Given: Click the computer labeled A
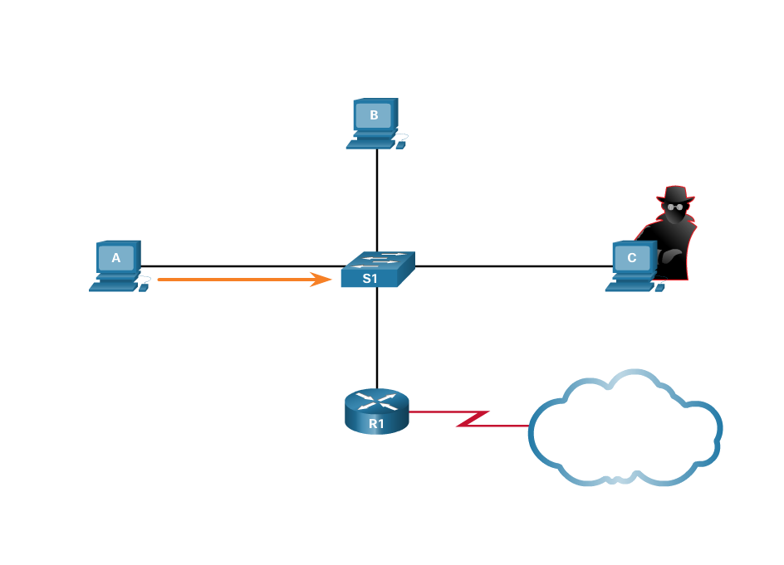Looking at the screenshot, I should pos(116,264).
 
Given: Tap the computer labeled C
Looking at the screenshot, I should pos(632,264).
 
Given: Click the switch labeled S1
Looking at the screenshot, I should pos(376,270).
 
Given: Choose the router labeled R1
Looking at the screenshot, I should pos(377,412).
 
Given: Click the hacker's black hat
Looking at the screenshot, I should pos(674,195).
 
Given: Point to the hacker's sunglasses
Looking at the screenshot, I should pos(674,207).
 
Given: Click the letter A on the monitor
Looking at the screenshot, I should pos(116,258).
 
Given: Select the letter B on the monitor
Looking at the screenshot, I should pos(374,115).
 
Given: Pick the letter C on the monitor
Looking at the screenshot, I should pos(632,258).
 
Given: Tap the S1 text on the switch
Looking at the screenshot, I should pos(370,279).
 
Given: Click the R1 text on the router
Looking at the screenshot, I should pos(376,424).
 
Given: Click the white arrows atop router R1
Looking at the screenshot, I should pos(377,401).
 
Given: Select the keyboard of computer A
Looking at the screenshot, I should pos(112,286).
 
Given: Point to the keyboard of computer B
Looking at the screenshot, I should pos(370,144).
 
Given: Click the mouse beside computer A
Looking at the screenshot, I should pos(144,288).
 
